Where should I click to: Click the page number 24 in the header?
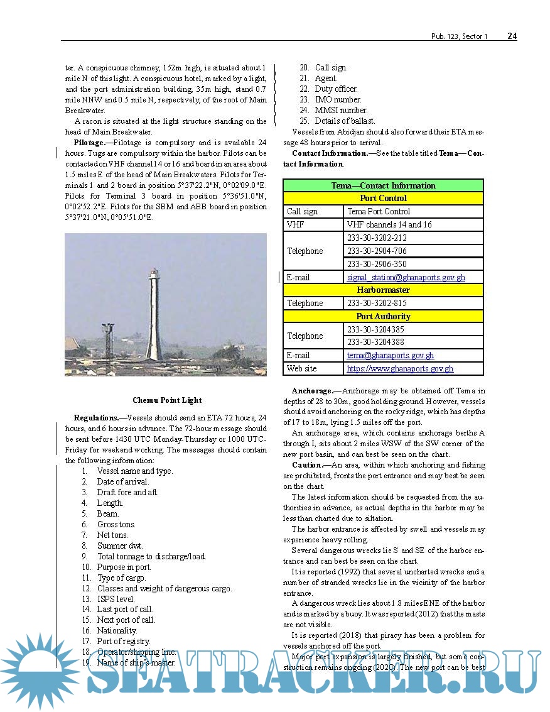coord(512,36)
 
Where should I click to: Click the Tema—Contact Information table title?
coord(383,185)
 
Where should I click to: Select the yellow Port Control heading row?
coord(383,198)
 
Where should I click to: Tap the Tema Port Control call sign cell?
coord(379,212)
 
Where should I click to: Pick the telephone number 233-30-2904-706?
coord(377,251)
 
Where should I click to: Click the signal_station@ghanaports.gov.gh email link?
coord(406,277)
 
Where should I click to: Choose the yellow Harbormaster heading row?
coord(383,290)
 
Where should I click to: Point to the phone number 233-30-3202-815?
coord(377,303)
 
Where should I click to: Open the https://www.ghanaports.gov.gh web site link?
coord(400,369)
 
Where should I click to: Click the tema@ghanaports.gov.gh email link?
coord(390,356)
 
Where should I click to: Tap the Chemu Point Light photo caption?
coord(167,400)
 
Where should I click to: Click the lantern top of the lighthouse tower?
coord(152,275)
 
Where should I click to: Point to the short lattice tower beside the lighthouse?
coord(108,339)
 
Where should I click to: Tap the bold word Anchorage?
coord(312,391)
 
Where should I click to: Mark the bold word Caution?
coord(306,465)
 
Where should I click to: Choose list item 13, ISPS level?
coord(116,599)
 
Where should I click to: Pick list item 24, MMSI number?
coord(341,110)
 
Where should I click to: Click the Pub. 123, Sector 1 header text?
coord(459,36)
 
